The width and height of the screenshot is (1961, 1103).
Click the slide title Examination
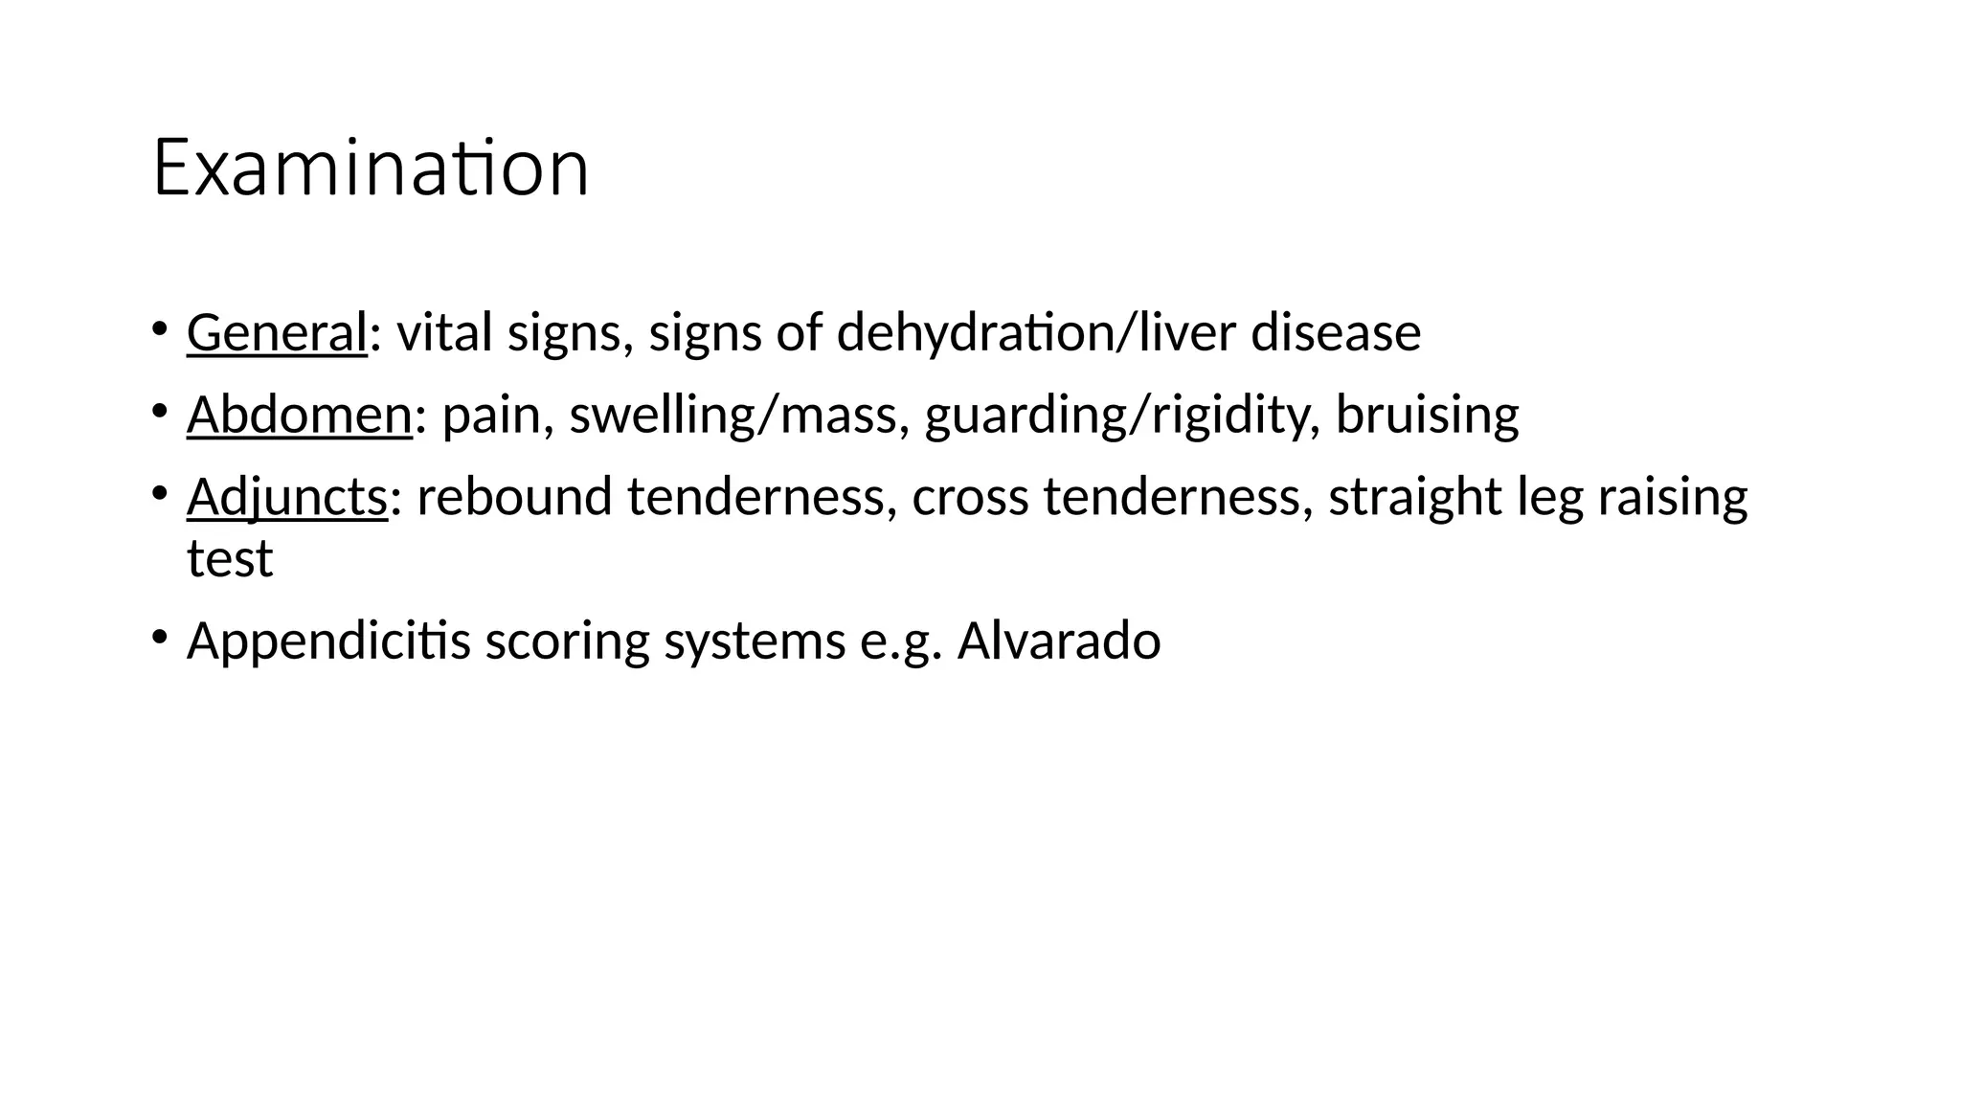370,169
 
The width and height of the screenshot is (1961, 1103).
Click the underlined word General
277,332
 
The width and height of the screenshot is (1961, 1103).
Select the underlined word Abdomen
299,415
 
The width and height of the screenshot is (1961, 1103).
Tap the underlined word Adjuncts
286,497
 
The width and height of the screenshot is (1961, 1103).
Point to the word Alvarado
1058,641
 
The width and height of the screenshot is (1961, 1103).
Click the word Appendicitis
328,641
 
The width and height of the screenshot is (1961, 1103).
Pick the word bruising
1427,415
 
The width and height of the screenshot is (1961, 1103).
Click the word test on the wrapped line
230,558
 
